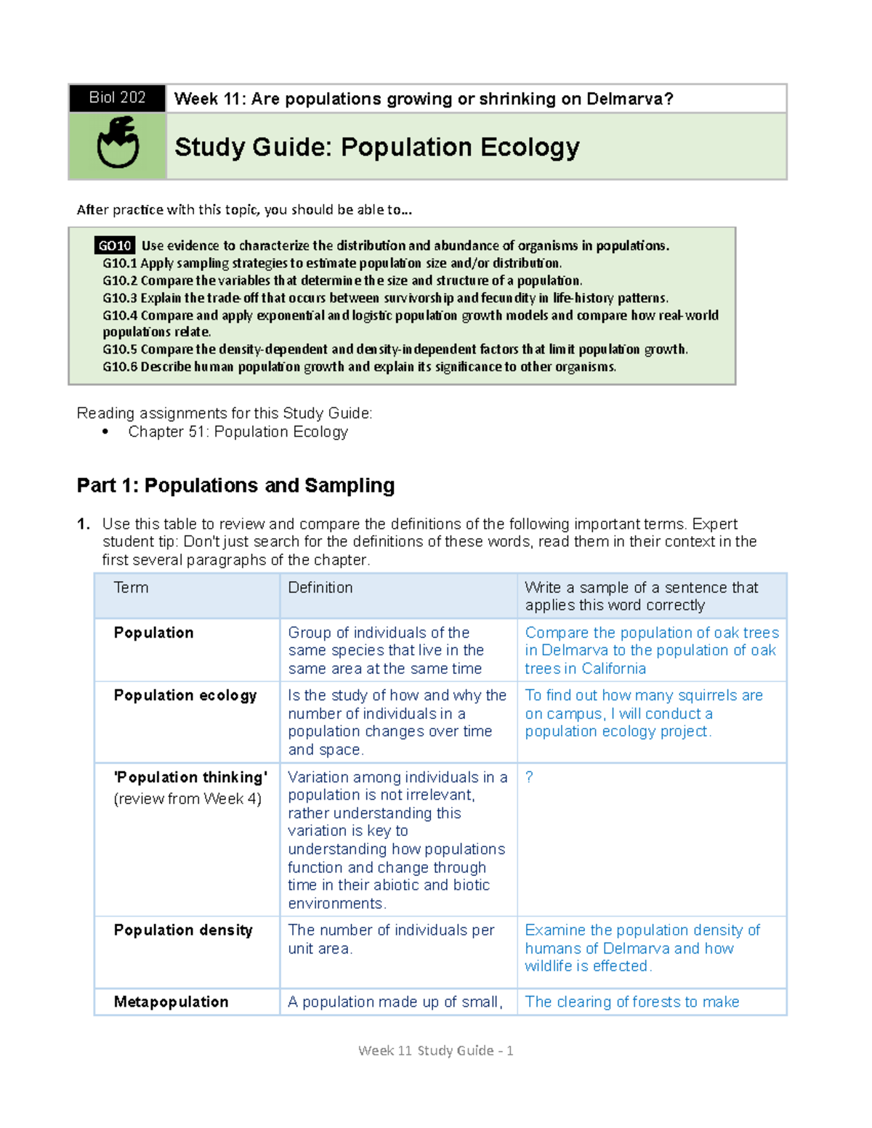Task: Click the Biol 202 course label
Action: coord(117,98)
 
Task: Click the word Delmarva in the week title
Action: coord(629,99)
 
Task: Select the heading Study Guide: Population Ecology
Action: coord(376,147)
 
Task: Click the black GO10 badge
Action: coord(115,246)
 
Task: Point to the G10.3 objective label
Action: coord(120,298)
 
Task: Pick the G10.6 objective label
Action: coord(120,367)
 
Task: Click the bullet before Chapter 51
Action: coord(106,432)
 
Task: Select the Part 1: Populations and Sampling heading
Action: coord(235,485)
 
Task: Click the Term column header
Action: coord(131,588)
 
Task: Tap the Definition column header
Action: coord(320,588)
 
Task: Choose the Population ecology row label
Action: coord(185,696)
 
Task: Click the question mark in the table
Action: coord(529,777)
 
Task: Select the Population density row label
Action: coord(183,930)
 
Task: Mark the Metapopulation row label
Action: coord(171,1002)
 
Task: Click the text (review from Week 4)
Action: coord(187,799)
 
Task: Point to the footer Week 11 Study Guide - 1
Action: coord(436,1050)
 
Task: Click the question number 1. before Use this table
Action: coord(84,524)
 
